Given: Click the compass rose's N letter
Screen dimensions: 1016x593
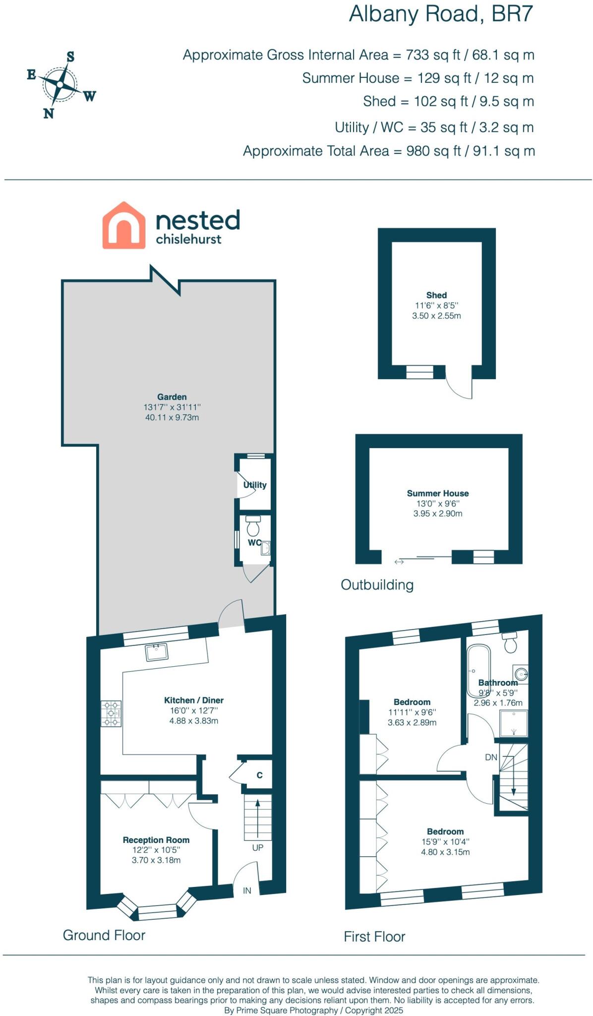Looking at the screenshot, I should pyautogui.click(x=48, y=114).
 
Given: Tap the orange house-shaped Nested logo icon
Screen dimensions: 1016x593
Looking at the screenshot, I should pyautogui.click(x=123, y=225).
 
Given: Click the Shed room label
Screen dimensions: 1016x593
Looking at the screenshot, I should pyautogui.click(x=436, y=295).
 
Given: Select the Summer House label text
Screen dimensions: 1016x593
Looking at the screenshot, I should pyautogui.click(x=437, y=493).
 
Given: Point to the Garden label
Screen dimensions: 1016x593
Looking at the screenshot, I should pyautogui.click(x=172, y=397).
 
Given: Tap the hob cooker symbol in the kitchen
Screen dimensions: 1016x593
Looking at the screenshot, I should pyautogui.click(x=111, y=713).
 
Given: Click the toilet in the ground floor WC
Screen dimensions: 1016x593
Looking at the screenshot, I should pyautogui.click(x=253, y=525).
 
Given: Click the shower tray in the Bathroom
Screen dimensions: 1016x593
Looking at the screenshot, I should pyautogui.click(x=513, y=723).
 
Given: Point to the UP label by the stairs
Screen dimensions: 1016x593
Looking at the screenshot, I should pyautogui.click(x=257, y=847).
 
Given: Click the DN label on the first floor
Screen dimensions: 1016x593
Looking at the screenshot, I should pyautogui.click(x=491, y=758).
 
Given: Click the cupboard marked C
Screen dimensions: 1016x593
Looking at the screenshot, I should pyautogui.click(x=259, y=775).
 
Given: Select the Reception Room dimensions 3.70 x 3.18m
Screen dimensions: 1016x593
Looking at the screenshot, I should pyautogui.click(x=156, y=860).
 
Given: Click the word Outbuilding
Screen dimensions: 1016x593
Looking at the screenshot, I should pyautogui.click(x=377, y=584).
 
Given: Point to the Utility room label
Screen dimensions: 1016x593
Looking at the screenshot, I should pyautogui.click(x=255, y=485).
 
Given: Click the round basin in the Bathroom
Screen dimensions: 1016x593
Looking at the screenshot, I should pyautogui.click(x=521, y=674).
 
